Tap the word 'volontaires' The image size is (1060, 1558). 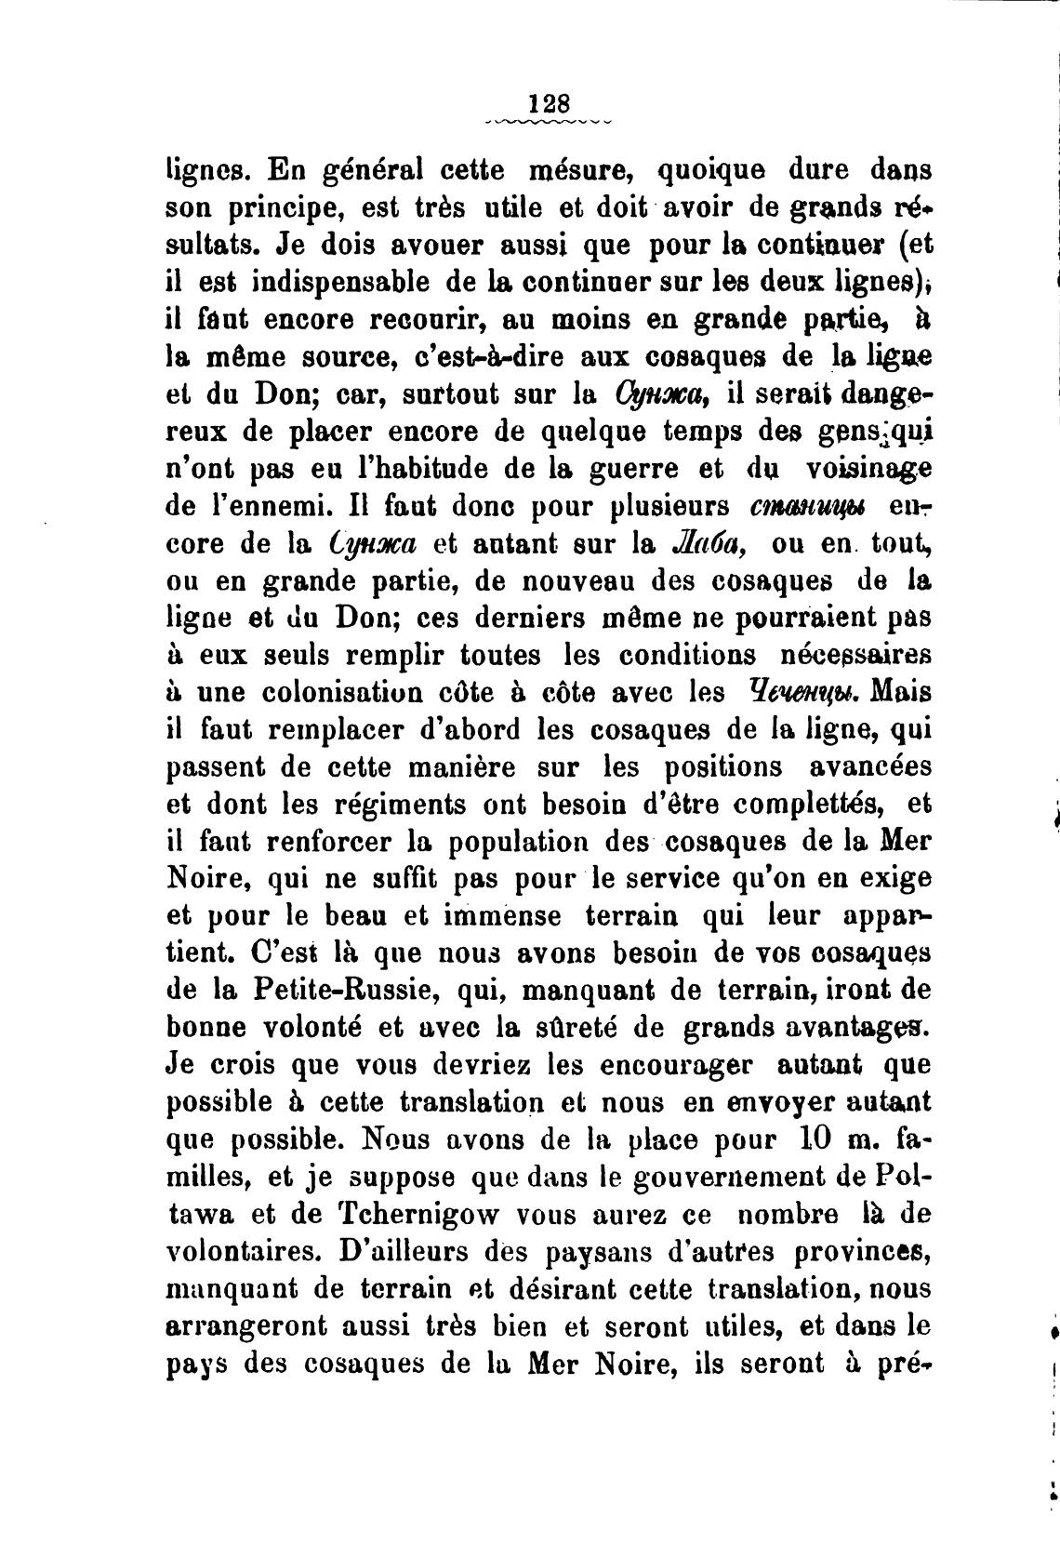pos(242,1252)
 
